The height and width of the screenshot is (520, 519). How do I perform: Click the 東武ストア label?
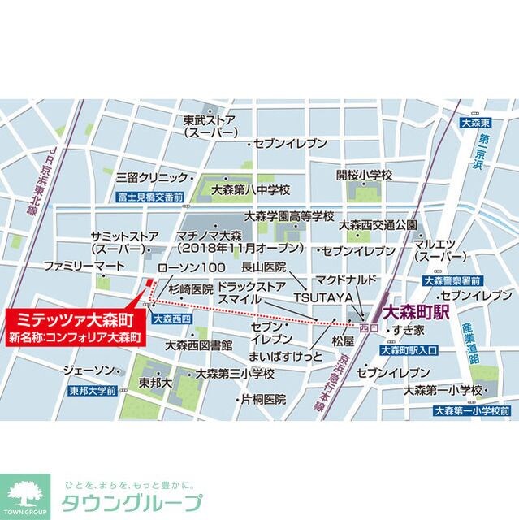pos(210,119)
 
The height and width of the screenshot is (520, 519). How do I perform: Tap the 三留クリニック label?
pos(151,175)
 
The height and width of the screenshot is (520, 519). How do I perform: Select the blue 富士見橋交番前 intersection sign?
pos(149,197)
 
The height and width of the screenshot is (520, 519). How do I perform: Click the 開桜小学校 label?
pos(365,175)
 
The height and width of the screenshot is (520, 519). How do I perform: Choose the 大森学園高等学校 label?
pos(289,217)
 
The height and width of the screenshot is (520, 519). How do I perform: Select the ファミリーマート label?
pos(84,266)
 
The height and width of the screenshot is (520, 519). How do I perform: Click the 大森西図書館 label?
pos(199,345)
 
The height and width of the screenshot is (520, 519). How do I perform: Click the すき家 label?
pos(408,331)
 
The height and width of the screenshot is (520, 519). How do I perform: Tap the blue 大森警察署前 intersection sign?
pos(453,280)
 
